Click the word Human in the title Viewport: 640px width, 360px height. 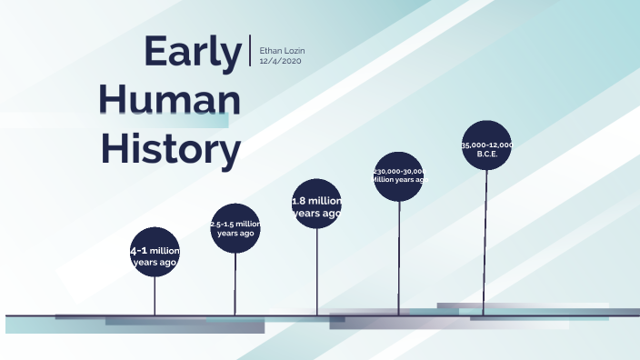(x=170, y=99)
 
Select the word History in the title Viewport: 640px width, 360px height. (x=170, y=147)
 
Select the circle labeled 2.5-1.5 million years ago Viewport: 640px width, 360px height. (x=235, y=228)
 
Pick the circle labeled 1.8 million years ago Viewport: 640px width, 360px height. (x=316, y=204)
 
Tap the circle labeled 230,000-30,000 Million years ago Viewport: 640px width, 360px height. (x=399, y=176)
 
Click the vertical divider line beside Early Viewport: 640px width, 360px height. (x=250, y=51)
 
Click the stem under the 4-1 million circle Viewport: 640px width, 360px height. (x=155, y=295)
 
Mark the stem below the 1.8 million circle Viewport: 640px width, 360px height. (x=317, y=273)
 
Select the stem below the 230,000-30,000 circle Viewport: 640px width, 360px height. (x=399, y=259)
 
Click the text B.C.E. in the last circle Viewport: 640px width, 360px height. (x=487, y=154)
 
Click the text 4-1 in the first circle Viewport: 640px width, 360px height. (x=139, y=251)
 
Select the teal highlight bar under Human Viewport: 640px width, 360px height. (x=195, y=120)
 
